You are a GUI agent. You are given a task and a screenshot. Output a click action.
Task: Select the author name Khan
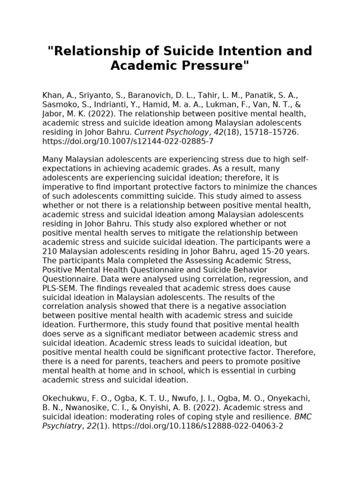coord(52,96)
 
